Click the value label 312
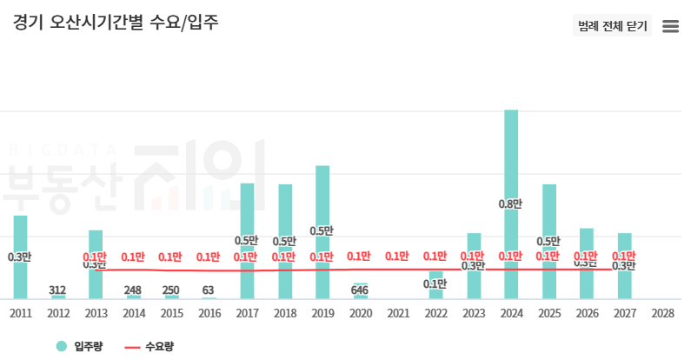point(57,290)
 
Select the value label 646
point(359,290)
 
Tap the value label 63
point(208,290)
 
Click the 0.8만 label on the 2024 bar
point(510,204)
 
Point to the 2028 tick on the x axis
point(661,313)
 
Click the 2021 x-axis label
point(397,313)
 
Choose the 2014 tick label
point(134,313)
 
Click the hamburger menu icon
point(670,26)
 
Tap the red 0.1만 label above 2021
point(397,257)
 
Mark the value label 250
point(170,290)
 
